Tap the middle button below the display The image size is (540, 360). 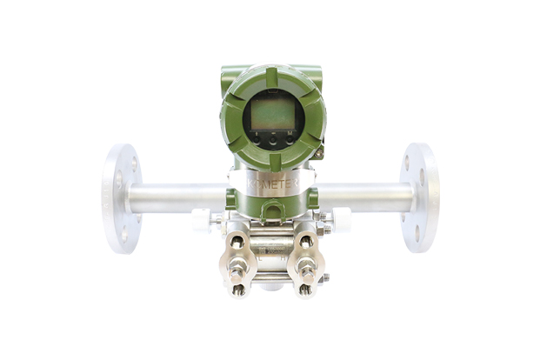point(272,137)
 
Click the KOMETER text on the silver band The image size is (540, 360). point(270,185)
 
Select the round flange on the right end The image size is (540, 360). point(420,198)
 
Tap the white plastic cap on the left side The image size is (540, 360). point(200,220)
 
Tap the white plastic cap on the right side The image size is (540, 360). point(341,220)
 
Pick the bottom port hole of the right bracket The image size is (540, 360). point(306,290)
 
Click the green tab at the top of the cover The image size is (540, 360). point(271,77)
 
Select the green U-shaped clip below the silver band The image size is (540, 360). point(270,209)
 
